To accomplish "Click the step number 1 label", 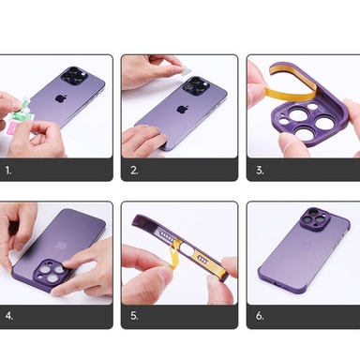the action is (x=8, y=171).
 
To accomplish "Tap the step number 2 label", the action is (x=134, y=171).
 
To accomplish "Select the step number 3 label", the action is (x=260, y=171).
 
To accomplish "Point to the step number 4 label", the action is (x=9, y=316).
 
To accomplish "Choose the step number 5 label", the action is (x=134, y=316).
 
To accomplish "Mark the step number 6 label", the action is (x=260, y=316).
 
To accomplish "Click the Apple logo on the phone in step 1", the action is (x=60, y=98).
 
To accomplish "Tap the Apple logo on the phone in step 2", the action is (x=181, y=110).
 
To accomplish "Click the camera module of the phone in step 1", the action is (x=74, y=76).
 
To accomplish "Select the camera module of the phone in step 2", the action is (x=196, y=85).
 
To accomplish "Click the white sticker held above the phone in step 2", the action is (x=186, y=72).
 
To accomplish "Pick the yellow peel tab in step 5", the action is (x=174, y=253).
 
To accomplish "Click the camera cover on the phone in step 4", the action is (x=51, y=270).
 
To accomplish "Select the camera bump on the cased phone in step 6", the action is (x=315, y=218).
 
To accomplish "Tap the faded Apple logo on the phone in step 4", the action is (x=59, y=246).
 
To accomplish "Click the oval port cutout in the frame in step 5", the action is (x=187, y=249).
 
